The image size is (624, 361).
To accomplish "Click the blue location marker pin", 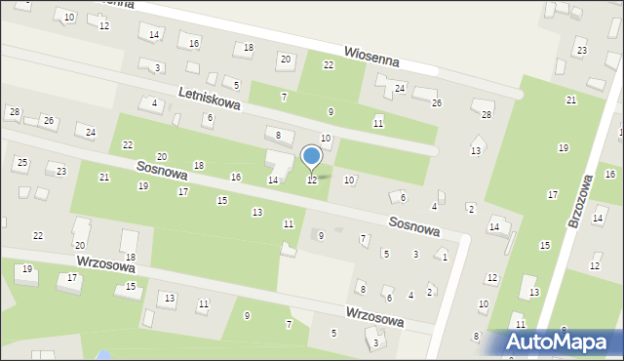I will click(312, 157).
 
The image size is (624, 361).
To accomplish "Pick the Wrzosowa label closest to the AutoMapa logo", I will click(374, 317).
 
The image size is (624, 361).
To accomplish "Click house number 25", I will click(21, 162).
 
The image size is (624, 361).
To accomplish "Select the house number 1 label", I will click(445, 257).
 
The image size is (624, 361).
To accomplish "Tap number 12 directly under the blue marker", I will click(312, 180).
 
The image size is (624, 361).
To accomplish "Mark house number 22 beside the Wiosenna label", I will click(329, 64).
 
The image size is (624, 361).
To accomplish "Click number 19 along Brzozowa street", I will click(563, 148).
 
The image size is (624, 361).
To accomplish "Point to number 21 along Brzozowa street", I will click(571, 100).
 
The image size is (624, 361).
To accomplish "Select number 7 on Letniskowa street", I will click(284, 97).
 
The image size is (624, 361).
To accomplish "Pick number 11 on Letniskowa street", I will click(377, 123).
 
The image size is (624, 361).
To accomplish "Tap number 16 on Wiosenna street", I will click(194, 43).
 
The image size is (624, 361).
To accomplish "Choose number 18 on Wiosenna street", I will click(249, 48).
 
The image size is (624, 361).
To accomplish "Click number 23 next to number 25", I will click(60, 172).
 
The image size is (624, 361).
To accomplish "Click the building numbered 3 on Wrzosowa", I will click(375, 341).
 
